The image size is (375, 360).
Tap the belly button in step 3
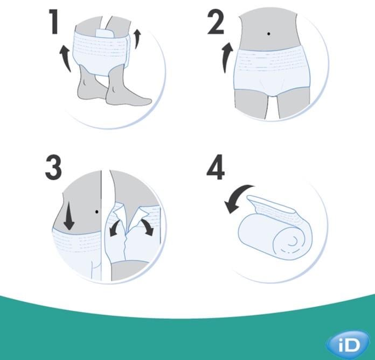pyautogui.click(x=96, y=211)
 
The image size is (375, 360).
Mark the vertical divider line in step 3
pyautogui.click(x=101, y=226)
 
